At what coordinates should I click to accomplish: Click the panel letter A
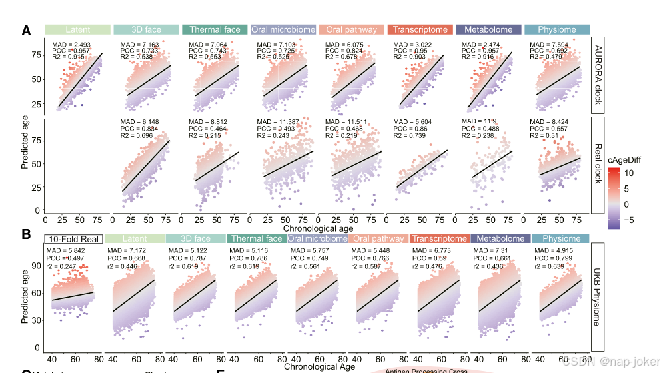point(26,31)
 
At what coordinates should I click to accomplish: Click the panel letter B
point(26,234)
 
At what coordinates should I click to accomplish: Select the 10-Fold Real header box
point(73,239)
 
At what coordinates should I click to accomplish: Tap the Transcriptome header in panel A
point(420,30)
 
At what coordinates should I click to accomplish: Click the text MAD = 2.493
point(71,44)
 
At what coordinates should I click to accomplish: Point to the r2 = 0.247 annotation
point(62,266)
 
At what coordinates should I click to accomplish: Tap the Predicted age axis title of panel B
point(25,294)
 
